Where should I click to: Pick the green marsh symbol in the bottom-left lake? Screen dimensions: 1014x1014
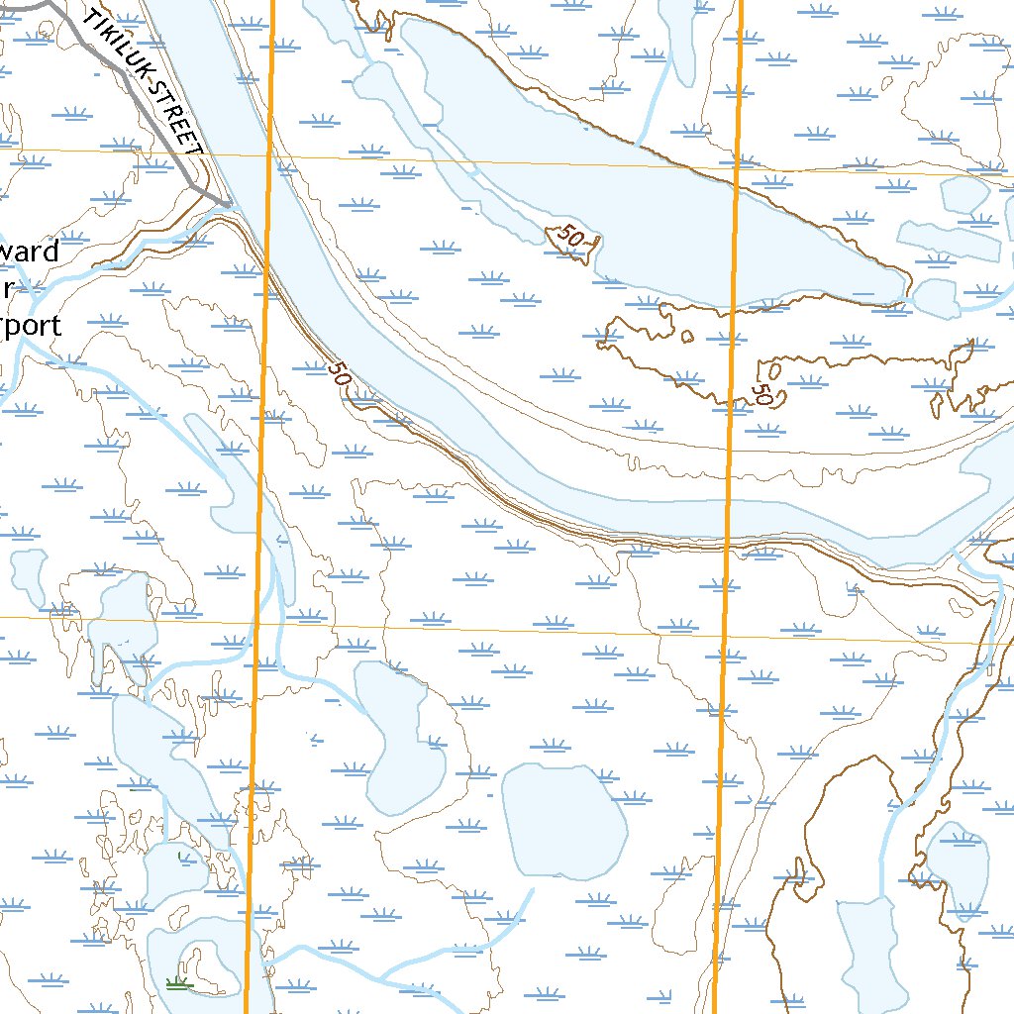click(178, 982)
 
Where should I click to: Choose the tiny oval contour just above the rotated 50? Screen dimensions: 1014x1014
click(775, 369)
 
